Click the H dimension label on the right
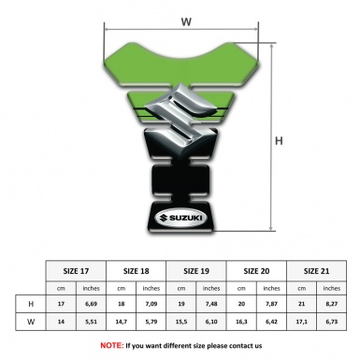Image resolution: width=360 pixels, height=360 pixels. coord(279,141)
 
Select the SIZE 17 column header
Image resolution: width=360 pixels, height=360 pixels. coord(76,269)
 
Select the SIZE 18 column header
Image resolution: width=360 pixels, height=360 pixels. coord(137,269)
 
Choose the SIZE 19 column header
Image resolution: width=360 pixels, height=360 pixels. coord(195,269)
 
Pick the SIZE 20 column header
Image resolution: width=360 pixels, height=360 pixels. coord(255,269)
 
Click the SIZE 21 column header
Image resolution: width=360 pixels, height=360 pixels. coord(315,269)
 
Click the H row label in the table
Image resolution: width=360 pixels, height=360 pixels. coord(31,304)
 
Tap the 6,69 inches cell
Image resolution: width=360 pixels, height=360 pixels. coord(92,304)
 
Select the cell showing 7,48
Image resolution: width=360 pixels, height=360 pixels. coord(211,304)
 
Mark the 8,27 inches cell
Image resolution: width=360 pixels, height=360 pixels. coord(330,304)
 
